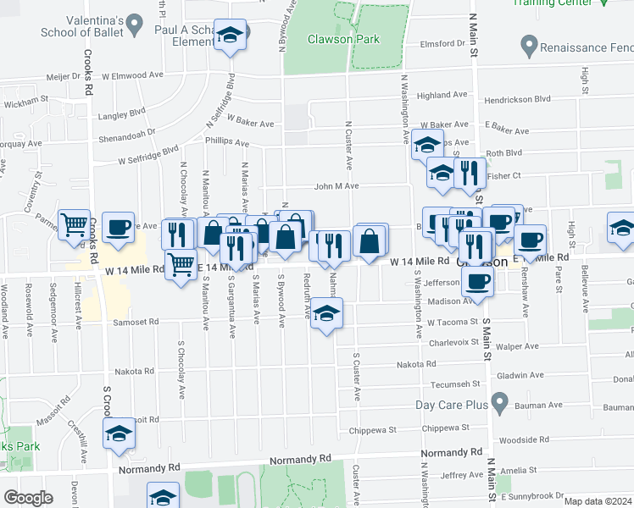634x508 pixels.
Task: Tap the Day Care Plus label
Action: coord(452,405)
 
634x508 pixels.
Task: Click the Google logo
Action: coord(28,498)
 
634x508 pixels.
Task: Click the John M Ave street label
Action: coord(337,186)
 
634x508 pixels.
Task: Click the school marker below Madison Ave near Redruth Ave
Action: coord(326,313)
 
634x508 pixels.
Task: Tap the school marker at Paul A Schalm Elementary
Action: coord(230,35)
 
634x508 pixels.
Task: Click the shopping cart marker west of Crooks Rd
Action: coord(75,224)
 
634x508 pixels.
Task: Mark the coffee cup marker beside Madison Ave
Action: coord(478,281)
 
